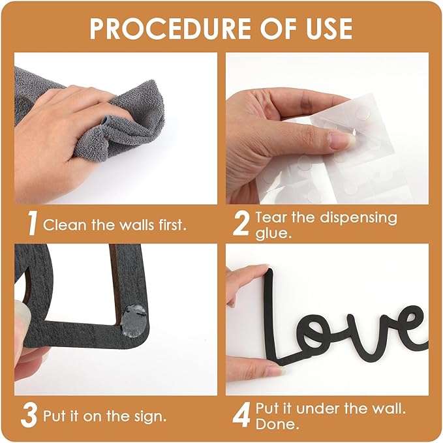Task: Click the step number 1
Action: [31, 224]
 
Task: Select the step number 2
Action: [241, 224]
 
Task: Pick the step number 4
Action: [241, 415]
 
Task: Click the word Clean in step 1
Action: [63, 226]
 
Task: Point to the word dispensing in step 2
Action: [346, 217]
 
